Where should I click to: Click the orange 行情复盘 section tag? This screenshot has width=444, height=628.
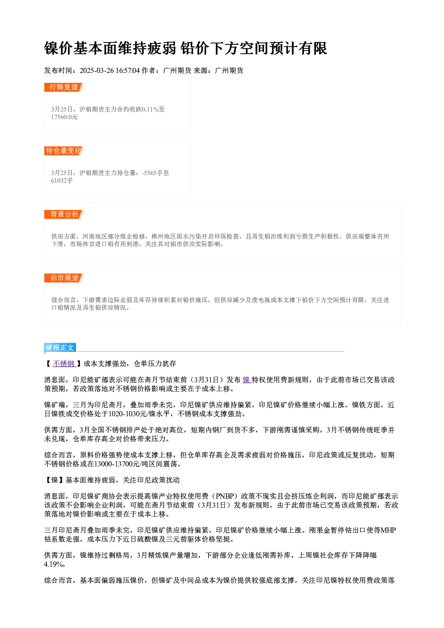pos(64,87)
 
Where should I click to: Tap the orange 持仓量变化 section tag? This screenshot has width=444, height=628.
pos(64,151)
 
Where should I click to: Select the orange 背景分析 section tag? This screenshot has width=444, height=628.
pos(64,214)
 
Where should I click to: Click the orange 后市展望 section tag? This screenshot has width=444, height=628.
pos(64,278)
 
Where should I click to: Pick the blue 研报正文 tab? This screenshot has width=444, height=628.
pos(60,348)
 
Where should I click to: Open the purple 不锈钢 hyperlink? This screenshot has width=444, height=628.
pos(64,364)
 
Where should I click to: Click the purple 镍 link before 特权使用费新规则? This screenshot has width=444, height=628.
pos(246,380)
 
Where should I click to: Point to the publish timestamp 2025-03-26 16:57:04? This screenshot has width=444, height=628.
pos(110,71)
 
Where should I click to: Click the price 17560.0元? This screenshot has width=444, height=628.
pos(64,117)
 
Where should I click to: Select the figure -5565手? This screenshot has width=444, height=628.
pos(153,173)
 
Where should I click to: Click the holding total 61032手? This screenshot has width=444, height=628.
pos(62,181)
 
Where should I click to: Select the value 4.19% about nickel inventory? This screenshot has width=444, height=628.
pos(54,564)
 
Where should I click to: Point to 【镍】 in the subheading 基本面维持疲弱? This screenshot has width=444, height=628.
pos(55,480)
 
